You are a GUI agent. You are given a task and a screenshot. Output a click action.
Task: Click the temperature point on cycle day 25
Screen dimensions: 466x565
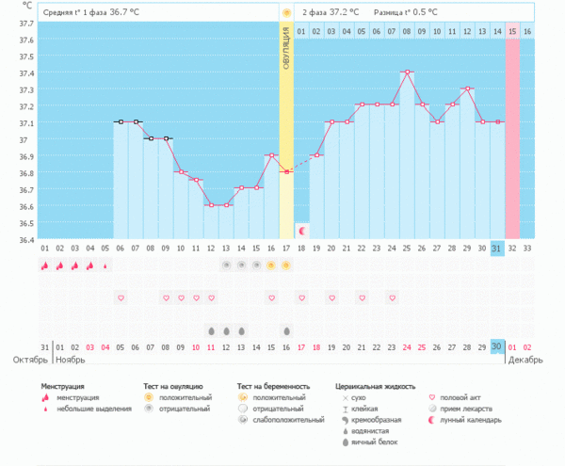(407, 72)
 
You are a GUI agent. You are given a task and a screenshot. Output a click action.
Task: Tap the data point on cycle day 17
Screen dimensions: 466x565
(286, 171)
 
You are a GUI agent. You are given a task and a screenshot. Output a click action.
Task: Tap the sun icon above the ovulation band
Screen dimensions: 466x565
(286, 12)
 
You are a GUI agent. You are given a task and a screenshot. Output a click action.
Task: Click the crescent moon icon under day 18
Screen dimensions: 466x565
(301, 231)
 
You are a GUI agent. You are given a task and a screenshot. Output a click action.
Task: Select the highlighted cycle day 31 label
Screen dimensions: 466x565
(497, 248)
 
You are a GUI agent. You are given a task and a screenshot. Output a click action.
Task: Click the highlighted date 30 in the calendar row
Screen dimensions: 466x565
(497, 346)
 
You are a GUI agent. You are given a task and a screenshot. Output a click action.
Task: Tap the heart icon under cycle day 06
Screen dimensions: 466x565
(121, 297)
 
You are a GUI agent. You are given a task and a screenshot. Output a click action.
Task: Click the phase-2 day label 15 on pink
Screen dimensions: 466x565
(512, 32)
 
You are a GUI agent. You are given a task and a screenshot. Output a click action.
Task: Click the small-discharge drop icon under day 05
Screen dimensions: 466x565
(105, 265)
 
